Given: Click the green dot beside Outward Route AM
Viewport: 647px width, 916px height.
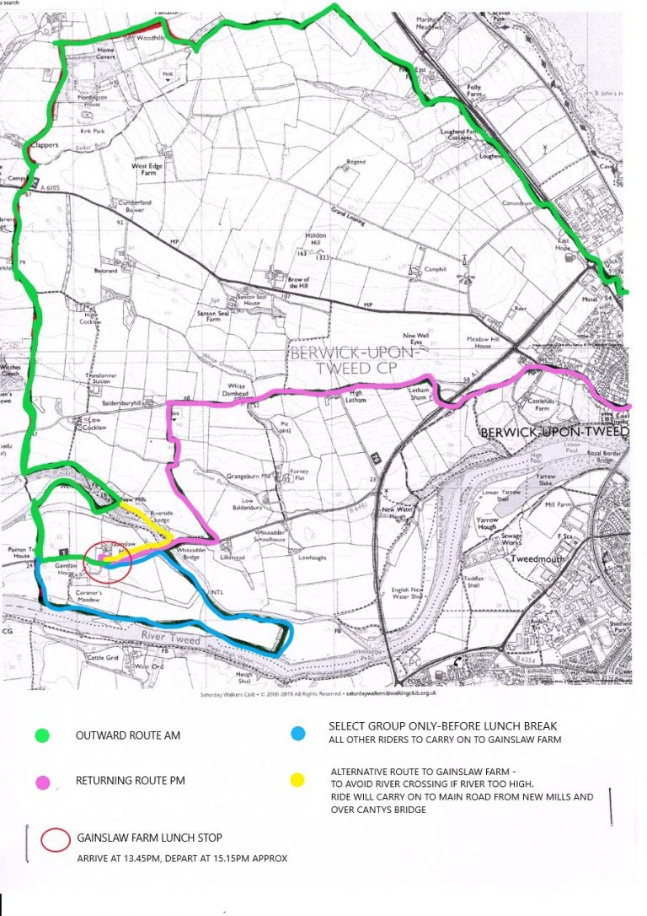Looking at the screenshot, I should (41, 735).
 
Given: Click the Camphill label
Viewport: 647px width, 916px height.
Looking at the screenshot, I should (436, 269).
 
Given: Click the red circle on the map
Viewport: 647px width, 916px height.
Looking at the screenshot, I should (110, 560).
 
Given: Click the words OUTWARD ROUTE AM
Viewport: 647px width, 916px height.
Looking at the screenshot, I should (128, 735).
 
